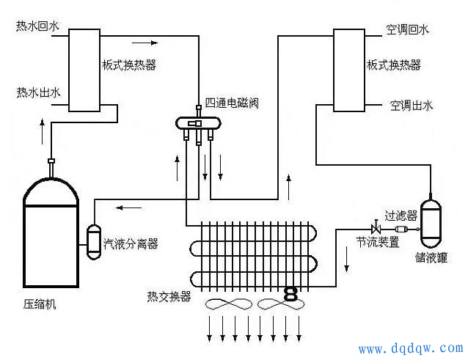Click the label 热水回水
point(38,27)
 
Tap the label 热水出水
point(38,92)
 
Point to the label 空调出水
point(412,106)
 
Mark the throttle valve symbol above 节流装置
point(375,229)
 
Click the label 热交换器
point(169,296)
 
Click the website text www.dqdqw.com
point(410,348)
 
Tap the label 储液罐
point(431,257)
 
